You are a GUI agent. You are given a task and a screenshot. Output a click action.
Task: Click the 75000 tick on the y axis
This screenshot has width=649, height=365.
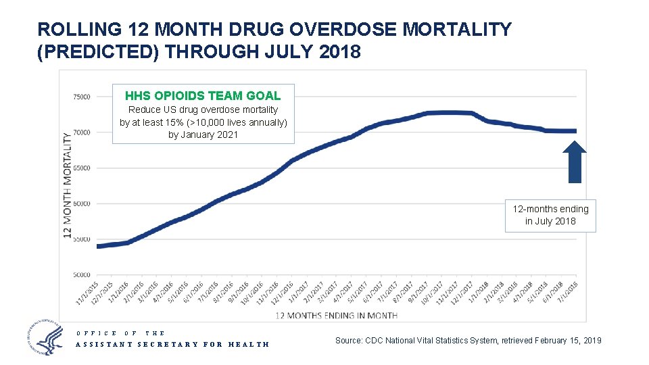click(81, 97)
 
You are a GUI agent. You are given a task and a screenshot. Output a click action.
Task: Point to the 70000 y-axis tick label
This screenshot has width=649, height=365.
click(81, 132)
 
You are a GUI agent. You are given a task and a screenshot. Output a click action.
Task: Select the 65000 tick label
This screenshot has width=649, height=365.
click(81, 168)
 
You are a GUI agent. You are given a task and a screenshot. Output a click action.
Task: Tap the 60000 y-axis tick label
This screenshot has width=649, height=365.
click(81, 203)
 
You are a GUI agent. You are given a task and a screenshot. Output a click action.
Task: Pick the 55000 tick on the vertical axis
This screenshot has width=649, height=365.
click(81, 239)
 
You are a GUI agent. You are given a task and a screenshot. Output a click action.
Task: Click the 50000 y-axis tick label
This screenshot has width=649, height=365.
click(81, 275)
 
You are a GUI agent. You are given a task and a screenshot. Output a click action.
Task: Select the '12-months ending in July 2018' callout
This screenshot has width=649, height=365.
click(550, 215)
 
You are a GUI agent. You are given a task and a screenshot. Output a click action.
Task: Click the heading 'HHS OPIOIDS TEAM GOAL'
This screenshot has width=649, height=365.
click(203, 96)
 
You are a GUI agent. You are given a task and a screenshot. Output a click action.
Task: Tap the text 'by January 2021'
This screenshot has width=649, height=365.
click(203, 135)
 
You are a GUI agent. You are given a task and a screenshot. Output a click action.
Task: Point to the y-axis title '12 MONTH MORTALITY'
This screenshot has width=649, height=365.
click(68, 185)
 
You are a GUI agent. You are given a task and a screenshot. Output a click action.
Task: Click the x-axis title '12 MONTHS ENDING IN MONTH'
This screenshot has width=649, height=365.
click(336, 315)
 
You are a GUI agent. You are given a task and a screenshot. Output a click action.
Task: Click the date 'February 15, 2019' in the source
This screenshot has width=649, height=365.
click(562, 340)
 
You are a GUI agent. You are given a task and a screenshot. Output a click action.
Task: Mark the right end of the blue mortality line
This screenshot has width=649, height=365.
click(575, 131)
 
